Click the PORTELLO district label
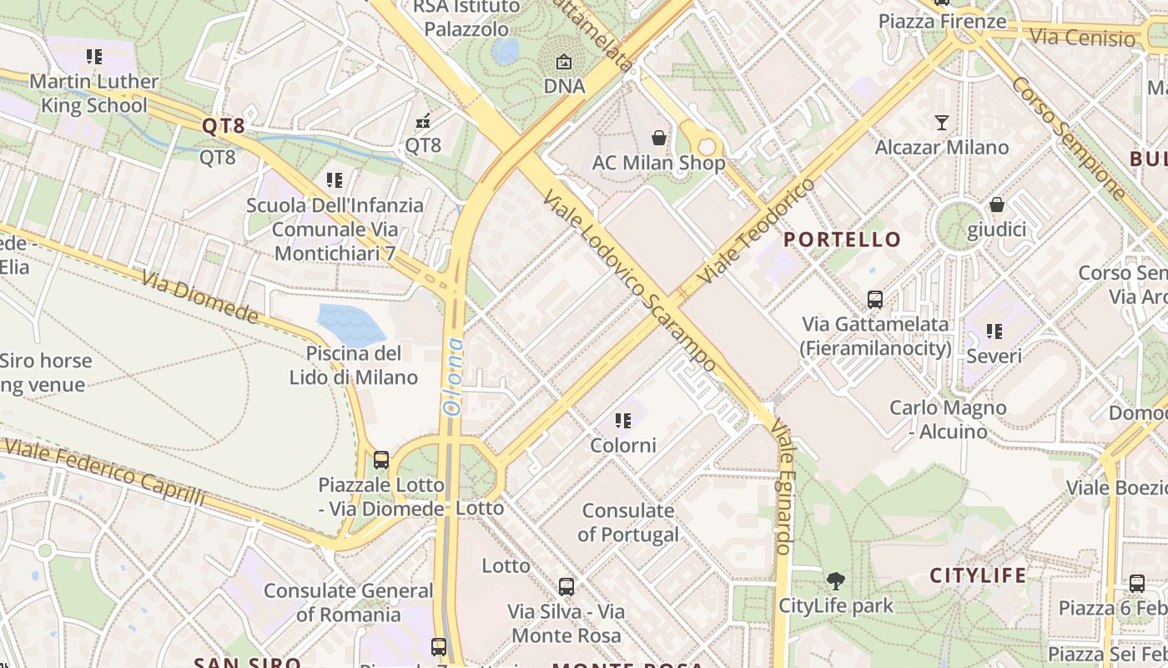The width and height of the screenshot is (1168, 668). [x=843, y=240]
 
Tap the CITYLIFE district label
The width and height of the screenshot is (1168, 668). [x=978, y=575]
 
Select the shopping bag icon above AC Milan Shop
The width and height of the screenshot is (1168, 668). [x=659, y=138]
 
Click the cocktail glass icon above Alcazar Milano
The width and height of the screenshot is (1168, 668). [x=942, y=123]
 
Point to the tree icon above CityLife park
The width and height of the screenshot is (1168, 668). [x=835, y=581]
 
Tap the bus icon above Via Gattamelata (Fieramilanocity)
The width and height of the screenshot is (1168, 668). [x=875, y=299]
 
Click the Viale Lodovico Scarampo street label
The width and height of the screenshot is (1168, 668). [x=629, y=280]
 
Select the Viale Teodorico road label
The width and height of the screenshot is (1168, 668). [x=757, y=230]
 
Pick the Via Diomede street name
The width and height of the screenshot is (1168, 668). [x=200, y=296]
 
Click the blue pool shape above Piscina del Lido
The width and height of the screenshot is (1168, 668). [x=351, y=324]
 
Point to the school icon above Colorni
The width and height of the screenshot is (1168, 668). [x=623, y=421]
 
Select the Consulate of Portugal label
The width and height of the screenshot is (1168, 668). [x=629, y=522]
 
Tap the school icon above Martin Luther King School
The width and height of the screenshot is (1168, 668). [x=94, y=57]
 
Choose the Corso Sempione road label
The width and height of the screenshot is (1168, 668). [x=1070, y=138]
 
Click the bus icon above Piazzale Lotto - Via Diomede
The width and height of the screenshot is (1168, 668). [x=381, y=459]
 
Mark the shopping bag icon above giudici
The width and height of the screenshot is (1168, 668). [x=996, y=205]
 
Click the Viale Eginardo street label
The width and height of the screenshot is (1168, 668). [x=783, y=487]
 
